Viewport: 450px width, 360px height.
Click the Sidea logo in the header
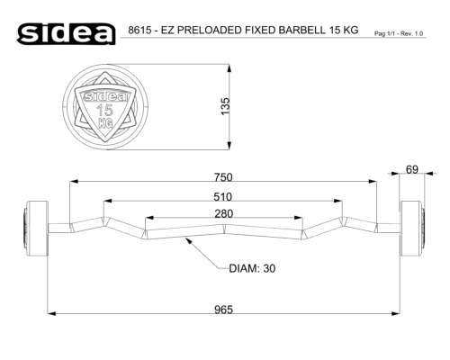pyautogui.click(x=67, y=33)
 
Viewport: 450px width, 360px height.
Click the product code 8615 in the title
pyautogui.click(x=139, y=31)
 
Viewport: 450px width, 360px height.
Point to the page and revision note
pyautogui.click(x=399, y=33)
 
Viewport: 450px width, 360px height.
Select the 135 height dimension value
pyautogui.click(x=225, y=106)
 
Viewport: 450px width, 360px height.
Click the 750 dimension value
pyautogui.click(x=223, y=177)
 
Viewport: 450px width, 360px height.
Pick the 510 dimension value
pyautogui.click(x=222, y=197)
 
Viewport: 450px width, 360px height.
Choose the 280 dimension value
pyautogui.click(x=224, y=213)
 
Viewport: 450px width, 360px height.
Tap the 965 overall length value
pyautogui.click(x=223, y=310)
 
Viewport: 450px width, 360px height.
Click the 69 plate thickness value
pyautogui.click(x=412, y=170)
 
